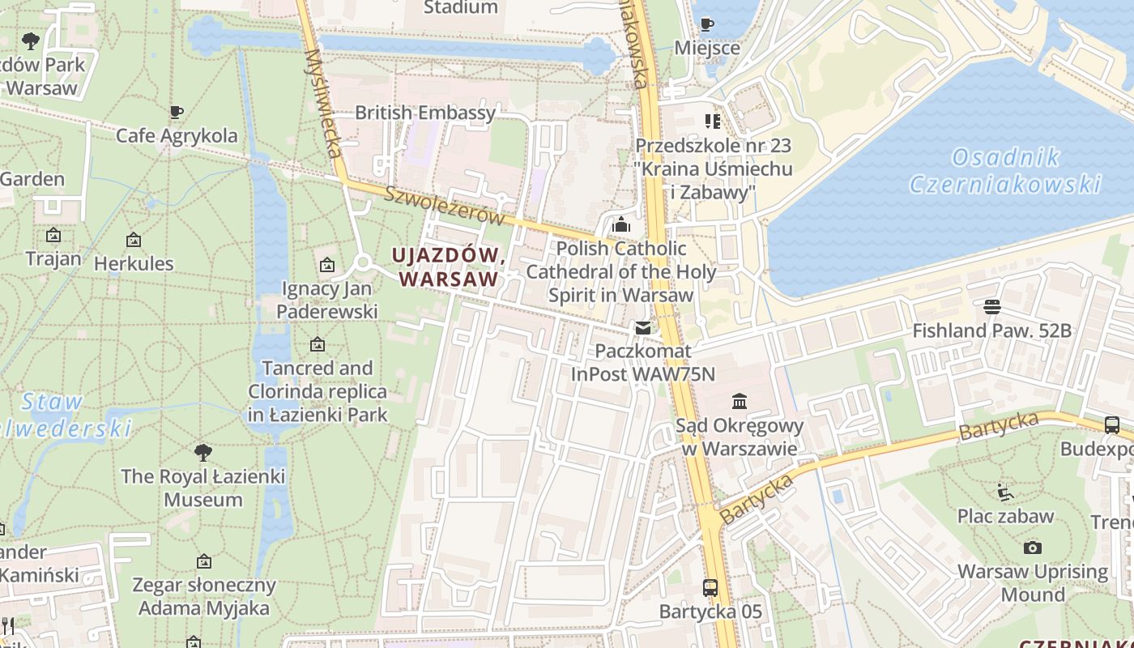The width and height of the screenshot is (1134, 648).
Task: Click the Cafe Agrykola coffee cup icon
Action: (x=177, y=113)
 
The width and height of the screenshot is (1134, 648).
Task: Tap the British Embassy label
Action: (x=424, y=113)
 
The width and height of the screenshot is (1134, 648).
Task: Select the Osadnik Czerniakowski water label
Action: (x=1005, y=171)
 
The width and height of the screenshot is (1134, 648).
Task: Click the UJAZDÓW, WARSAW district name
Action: (x=450, y=266)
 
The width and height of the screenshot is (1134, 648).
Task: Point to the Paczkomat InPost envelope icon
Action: (x=642, y=328)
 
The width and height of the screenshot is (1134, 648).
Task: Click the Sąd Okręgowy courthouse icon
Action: (x=740, y=401)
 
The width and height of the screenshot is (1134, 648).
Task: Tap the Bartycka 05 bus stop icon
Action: (x=710, y=587)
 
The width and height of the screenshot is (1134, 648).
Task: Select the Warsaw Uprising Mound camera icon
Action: (x=1032, y=548)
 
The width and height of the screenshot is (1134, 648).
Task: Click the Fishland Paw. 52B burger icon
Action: (x=991, y=306)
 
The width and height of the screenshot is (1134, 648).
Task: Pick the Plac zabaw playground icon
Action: (x=1005, y=492)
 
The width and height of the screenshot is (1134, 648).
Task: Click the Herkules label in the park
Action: (x=134, y=263)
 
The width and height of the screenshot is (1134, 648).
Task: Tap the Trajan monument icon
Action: (x=53, y=236)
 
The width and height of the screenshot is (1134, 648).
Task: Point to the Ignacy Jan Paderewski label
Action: (x=327, y=300)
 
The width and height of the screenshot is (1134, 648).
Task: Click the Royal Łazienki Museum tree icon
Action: (x=202, y=452)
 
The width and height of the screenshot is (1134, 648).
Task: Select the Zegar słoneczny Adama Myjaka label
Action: (x=204, y=596)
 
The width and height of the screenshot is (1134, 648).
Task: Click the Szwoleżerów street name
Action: (x=444, y=206)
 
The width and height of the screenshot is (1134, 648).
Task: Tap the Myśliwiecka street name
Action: (x=324, y=103)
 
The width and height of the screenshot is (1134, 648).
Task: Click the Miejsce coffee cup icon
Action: (x=707, y=24)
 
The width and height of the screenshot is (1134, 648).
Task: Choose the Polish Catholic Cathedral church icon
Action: (x=621, y=224)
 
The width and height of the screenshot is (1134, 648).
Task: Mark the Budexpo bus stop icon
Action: (x=1112, y=424)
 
